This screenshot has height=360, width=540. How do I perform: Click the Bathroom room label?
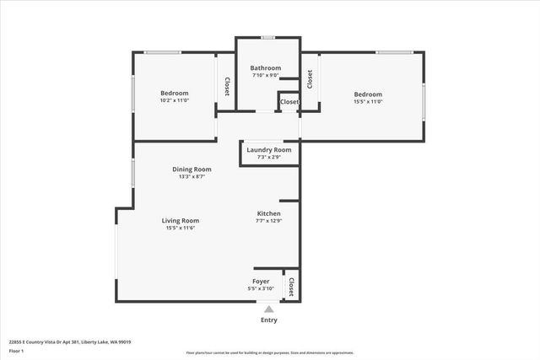tap(266, 68)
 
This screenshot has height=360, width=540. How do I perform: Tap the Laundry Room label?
tap(268, 150)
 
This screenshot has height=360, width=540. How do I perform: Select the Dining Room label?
tap(192, 169)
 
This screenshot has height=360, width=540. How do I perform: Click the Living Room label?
tap(181, 220)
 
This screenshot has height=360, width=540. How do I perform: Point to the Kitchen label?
tap(268, 214)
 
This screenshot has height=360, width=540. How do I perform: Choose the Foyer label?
tap(261, 281)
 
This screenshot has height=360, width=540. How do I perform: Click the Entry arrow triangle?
tap(268, 309)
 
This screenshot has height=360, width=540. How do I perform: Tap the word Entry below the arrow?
tap(268, 320)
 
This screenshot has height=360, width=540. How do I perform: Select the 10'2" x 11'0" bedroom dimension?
tap(175, 101)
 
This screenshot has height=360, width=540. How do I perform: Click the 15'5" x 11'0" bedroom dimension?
tap(368, 102)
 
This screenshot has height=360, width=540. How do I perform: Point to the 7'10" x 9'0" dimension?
tap(266, 76)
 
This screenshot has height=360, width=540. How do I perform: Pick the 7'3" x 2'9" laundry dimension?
tap(268, 158)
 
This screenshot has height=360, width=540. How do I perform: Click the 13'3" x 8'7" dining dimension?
tap(192, 177)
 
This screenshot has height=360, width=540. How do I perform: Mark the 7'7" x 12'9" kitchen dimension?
tap(268, 222)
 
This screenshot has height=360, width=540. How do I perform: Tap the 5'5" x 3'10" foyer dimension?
tap(261, 288)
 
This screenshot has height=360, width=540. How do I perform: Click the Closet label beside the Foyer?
tap(292, 286)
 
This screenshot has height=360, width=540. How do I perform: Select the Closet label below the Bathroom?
tap(289, 102)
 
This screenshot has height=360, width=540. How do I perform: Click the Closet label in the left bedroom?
tap(226, 87)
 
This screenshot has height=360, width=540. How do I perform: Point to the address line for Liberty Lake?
tap(70, 342)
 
